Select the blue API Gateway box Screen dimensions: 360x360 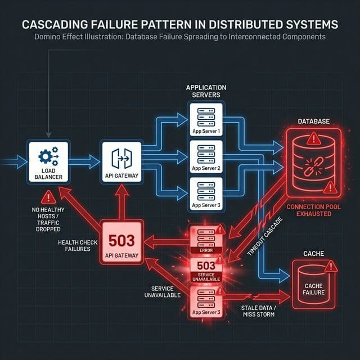click(120, 161)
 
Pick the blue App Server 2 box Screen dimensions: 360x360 click(205, 156)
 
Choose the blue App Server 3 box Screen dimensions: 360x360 click(205, 193)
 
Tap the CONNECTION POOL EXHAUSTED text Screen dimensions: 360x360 click(313, 210)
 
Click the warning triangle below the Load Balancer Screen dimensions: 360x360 click(49, 196)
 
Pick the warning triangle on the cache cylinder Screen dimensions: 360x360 click(331, 265)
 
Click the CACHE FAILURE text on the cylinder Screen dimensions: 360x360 click(313, 289)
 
